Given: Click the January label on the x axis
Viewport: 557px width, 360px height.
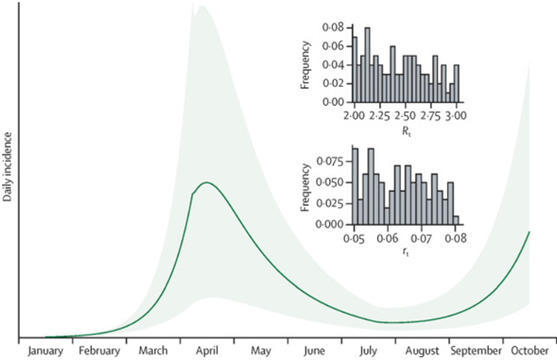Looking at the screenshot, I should click(46, 351).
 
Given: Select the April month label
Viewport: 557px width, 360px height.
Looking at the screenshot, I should click(207, 351).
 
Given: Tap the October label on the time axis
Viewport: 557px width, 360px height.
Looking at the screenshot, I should click(529, 351).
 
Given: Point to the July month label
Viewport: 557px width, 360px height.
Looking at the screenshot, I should click(368, 351).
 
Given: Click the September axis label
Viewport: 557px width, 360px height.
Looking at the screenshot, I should click(476, 351).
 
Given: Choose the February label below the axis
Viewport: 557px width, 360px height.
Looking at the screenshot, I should click(100, 351).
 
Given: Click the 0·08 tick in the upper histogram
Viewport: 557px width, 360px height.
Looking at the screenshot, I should click(334, 29).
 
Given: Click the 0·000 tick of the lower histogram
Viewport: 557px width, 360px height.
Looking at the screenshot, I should click(331, 224).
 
